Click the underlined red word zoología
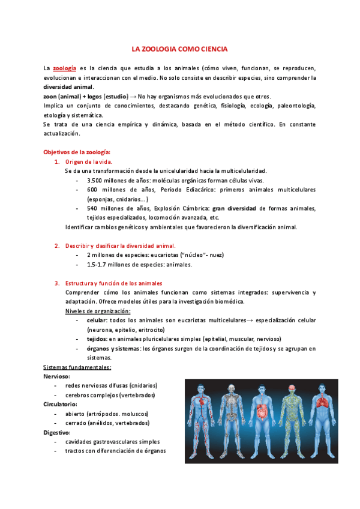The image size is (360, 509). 64,68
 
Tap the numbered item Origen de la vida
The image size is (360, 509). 89,161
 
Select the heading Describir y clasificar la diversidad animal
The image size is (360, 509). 120,245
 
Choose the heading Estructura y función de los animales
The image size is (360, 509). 113,283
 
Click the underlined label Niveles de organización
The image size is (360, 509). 97,311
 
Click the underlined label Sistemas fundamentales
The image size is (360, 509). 77,367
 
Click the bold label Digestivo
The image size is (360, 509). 56,432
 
